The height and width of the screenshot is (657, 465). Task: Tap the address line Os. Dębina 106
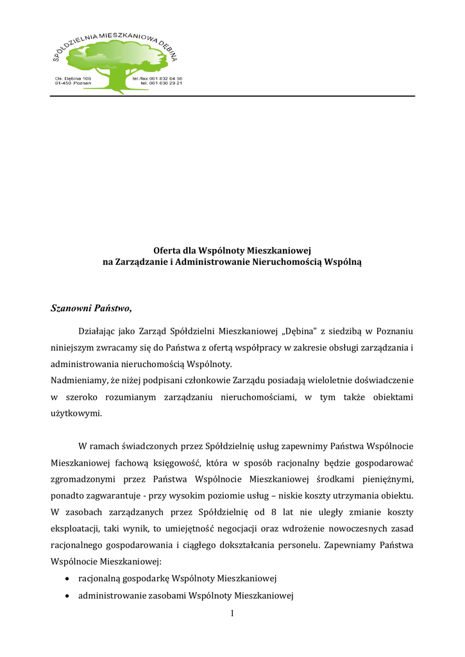pyautogui.click(x=74, y=78)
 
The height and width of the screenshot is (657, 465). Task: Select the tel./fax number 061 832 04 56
pyautogui.click(x=157, y=78)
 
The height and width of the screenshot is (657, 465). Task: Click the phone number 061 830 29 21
pyautogui.click(x=162, y=83)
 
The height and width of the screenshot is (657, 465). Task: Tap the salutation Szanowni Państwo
pyautogui.click(x=90, y=309)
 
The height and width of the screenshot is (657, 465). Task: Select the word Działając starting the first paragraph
pyautogui.click(x=98, y=331)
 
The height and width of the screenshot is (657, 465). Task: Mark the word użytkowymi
pyautogui.click(x=76, y=414)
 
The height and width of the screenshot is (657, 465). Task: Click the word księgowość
pyautogui.click(x=152, y=463)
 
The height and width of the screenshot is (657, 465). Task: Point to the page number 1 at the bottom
pyautogui.click(x=232, y=614)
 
